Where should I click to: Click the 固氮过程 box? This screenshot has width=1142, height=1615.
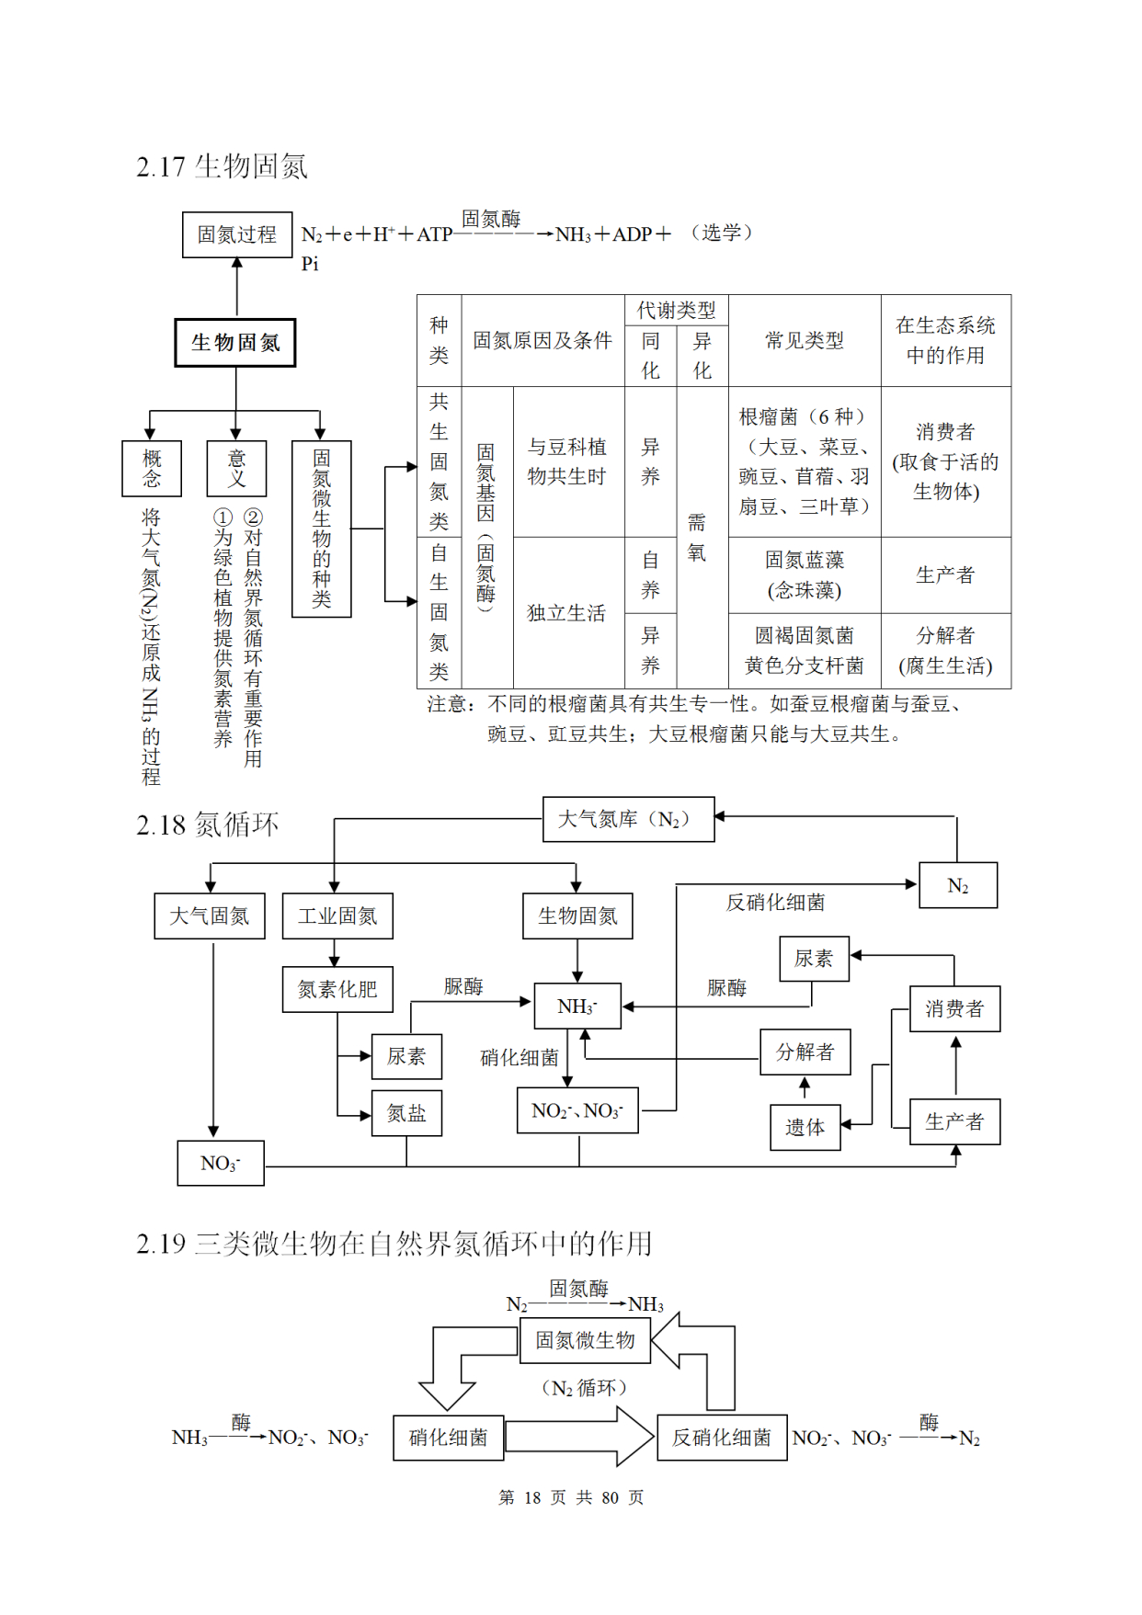click(x=237, y=235)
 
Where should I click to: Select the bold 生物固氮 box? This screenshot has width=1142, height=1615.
click(x=235, y=343)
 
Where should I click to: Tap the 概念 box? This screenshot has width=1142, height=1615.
click(x=152, y=468)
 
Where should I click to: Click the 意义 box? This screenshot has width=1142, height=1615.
click(x=236, y=468)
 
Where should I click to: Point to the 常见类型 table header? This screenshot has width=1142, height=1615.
click(x=805, y=341)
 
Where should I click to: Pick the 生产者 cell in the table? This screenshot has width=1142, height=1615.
click(x=945, y=575)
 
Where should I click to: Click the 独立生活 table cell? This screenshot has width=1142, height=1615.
click(x=566, y=613)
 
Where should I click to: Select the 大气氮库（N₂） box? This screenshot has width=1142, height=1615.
click(x=628, y=819)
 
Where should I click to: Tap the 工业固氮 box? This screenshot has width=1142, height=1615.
click(x=337, y=916)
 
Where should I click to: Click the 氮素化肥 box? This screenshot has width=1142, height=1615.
click(x=337, y=990)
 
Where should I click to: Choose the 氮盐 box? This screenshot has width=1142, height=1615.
click(x=406, y=1114)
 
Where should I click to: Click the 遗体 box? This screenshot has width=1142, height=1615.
click(x=805, y=1128)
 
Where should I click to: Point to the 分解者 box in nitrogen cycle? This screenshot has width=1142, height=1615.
click(x=805, y=1052)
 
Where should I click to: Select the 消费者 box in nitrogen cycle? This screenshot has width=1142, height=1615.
click(x=954, y=1009)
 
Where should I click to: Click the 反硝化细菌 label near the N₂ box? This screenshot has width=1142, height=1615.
click(x=775, y=903)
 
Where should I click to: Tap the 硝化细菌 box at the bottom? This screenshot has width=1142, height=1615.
click(x=449, y=1438)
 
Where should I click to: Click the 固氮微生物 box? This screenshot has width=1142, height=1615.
click(x=585, y=1340)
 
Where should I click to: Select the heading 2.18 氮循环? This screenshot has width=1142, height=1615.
click(x=208, y=825)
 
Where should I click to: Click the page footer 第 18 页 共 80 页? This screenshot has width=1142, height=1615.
click(x=571, y=1497)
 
